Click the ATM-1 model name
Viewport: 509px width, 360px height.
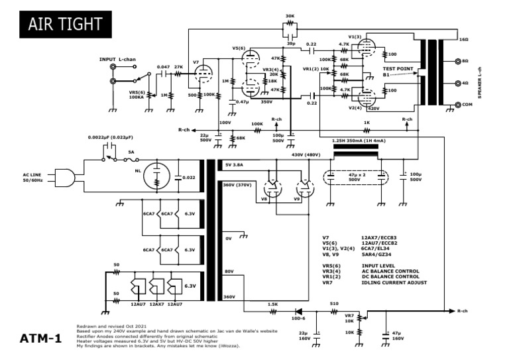(40, 339)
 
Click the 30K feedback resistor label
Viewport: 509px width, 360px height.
(290, 16)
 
